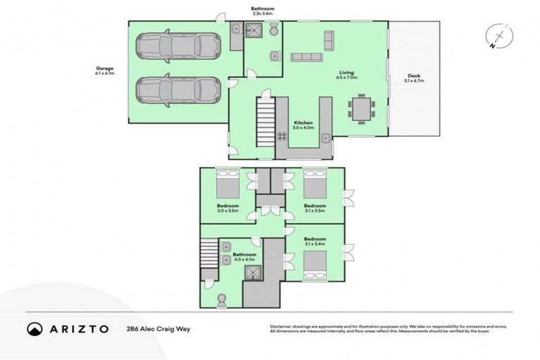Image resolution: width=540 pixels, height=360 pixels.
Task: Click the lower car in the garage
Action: (179, 91)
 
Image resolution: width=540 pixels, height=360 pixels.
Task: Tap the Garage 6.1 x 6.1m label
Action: (105, 71)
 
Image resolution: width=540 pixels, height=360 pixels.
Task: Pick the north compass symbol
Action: (498, 37)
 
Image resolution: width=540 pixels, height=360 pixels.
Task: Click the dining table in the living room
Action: (361, 109)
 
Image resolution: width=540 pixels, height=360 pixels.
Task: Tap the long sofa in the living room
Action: (306, 57)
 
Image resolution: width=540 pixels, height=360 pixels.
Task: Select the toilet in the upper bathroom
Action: (274, 30)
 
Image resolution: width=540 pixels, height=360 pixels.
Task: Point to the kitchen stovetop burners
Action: (283, 137)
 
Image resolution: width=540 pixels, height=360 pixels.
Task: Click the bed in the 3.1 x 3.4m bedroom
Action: (314, 266)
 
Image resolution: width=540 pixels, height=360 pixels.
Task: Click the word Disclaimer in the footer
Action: (282, 327)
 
